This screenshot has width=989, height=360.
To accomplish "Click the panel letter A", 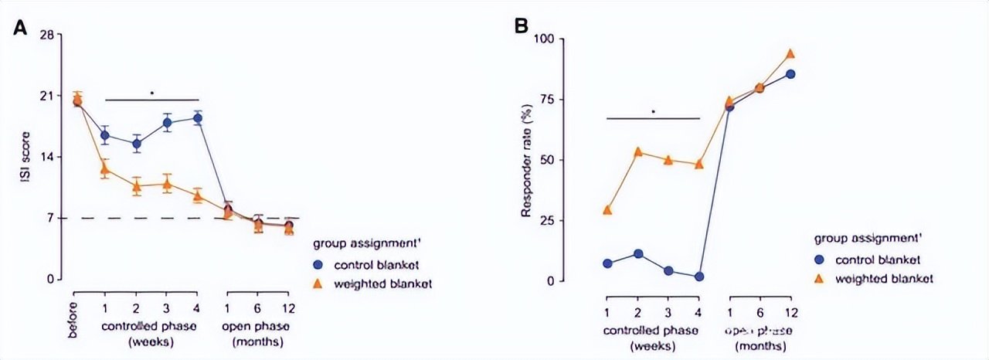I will pyautogui.click(x=20, y=29).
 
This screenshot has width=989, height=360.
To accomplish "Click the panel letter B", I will pyautogui.click(x=522, y=26).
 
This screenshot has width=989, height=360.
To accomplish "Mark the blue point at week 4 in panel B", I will pyautogui.click(x=699, y=277).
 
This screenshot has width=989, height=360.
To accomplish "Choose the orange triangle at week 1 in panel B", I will pyautogui.click(x=607, y=209).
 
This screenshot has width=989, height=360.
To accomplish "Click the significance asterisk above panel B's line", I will pyautogui.click(x=654, y=112).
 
